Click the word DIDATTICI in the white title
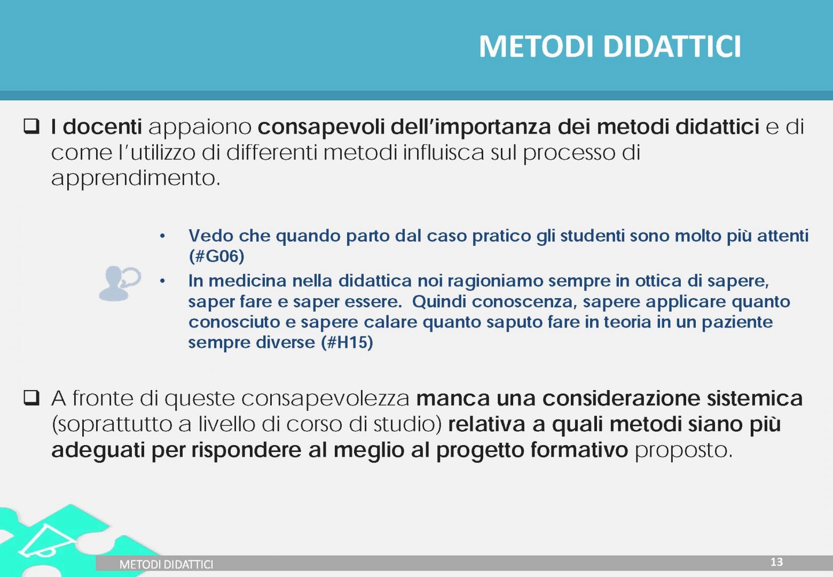[x=672, y=46]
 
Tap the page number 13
[x=776, y=562]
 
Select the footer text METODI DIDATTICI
[x=166, y=564]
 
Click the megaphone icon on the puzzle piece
[x=47, y=542]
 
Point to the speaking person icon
[x=120, y=283]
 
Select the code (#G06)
[x=216, y=256]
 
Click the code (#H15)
[x=347, y=342]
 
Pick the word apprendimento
[x=136, y=178]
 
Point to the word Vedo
[x=211, y=236]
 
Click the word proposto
[x=683, y=451]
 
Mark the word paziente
[x=737, y=322]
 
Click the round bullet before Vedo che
[x=162, y=236]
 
